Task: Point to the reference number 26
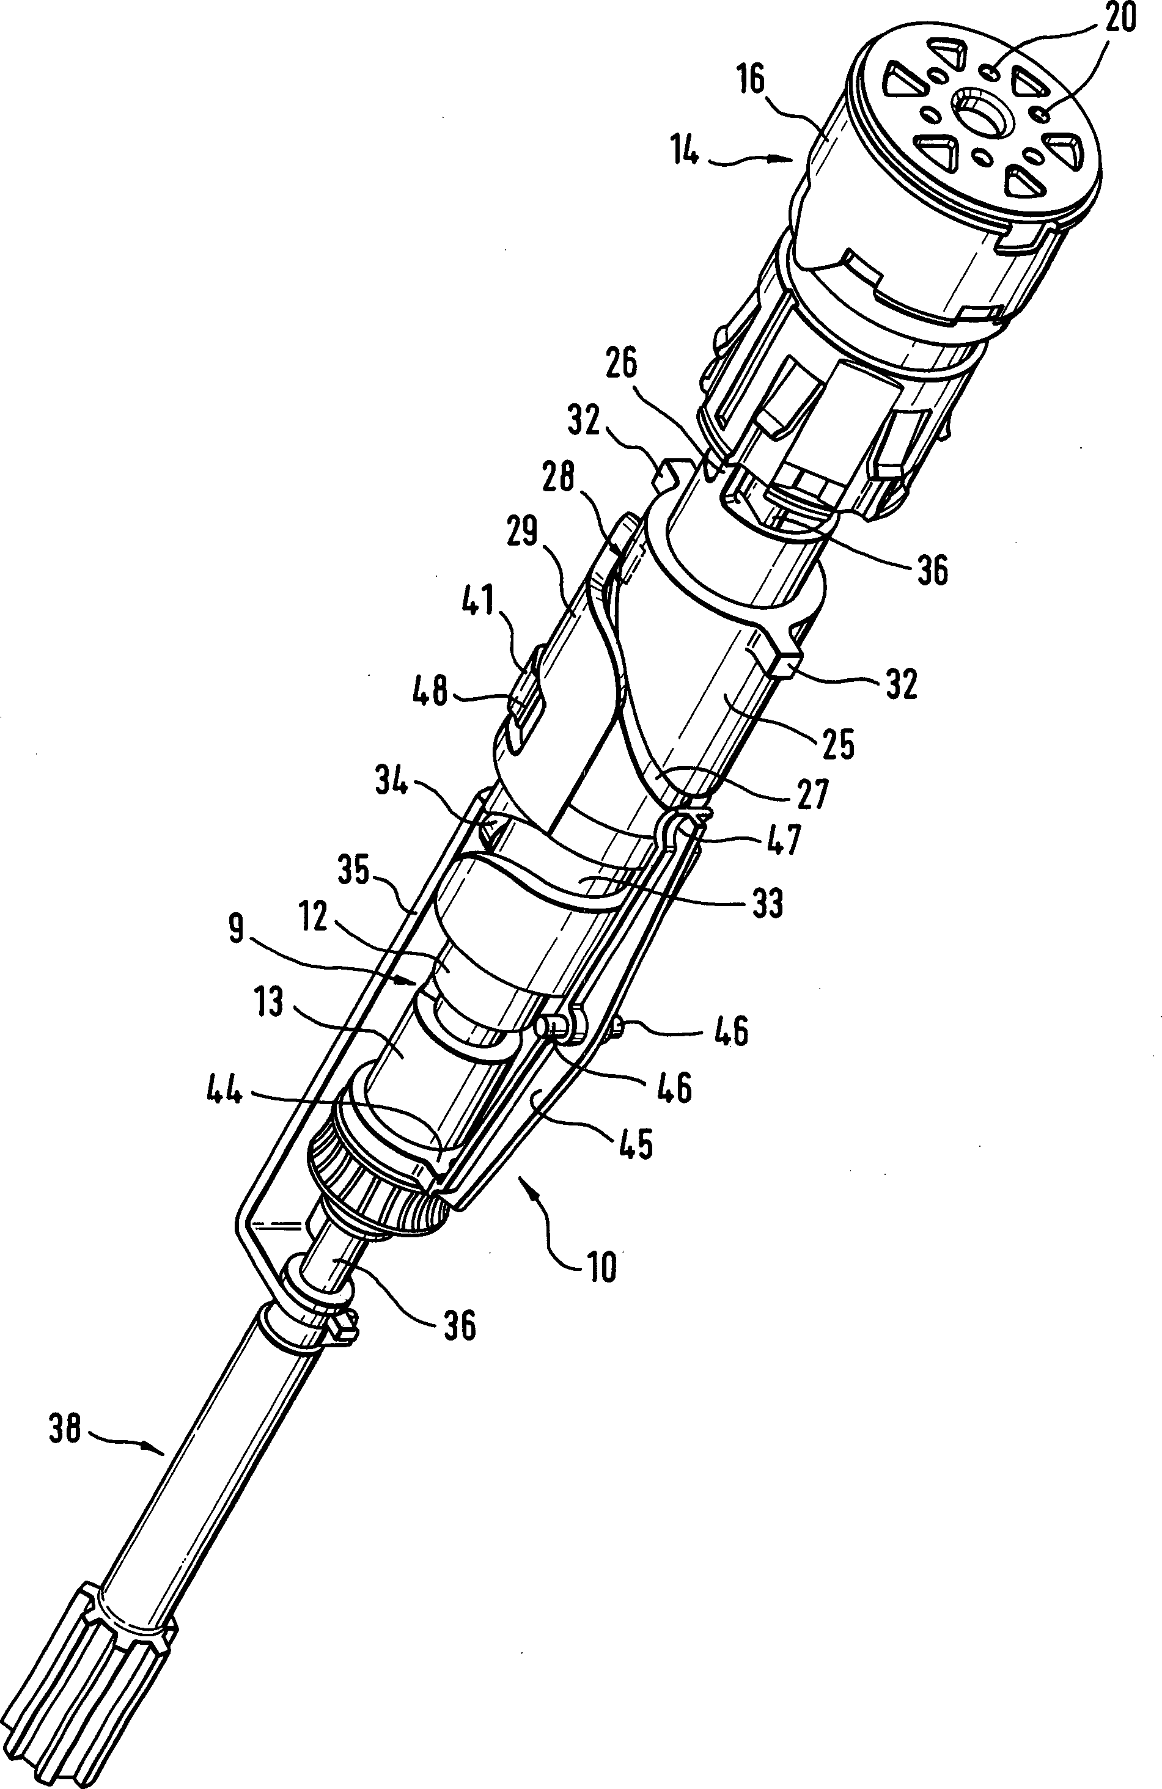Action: (x=620, y=364)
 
